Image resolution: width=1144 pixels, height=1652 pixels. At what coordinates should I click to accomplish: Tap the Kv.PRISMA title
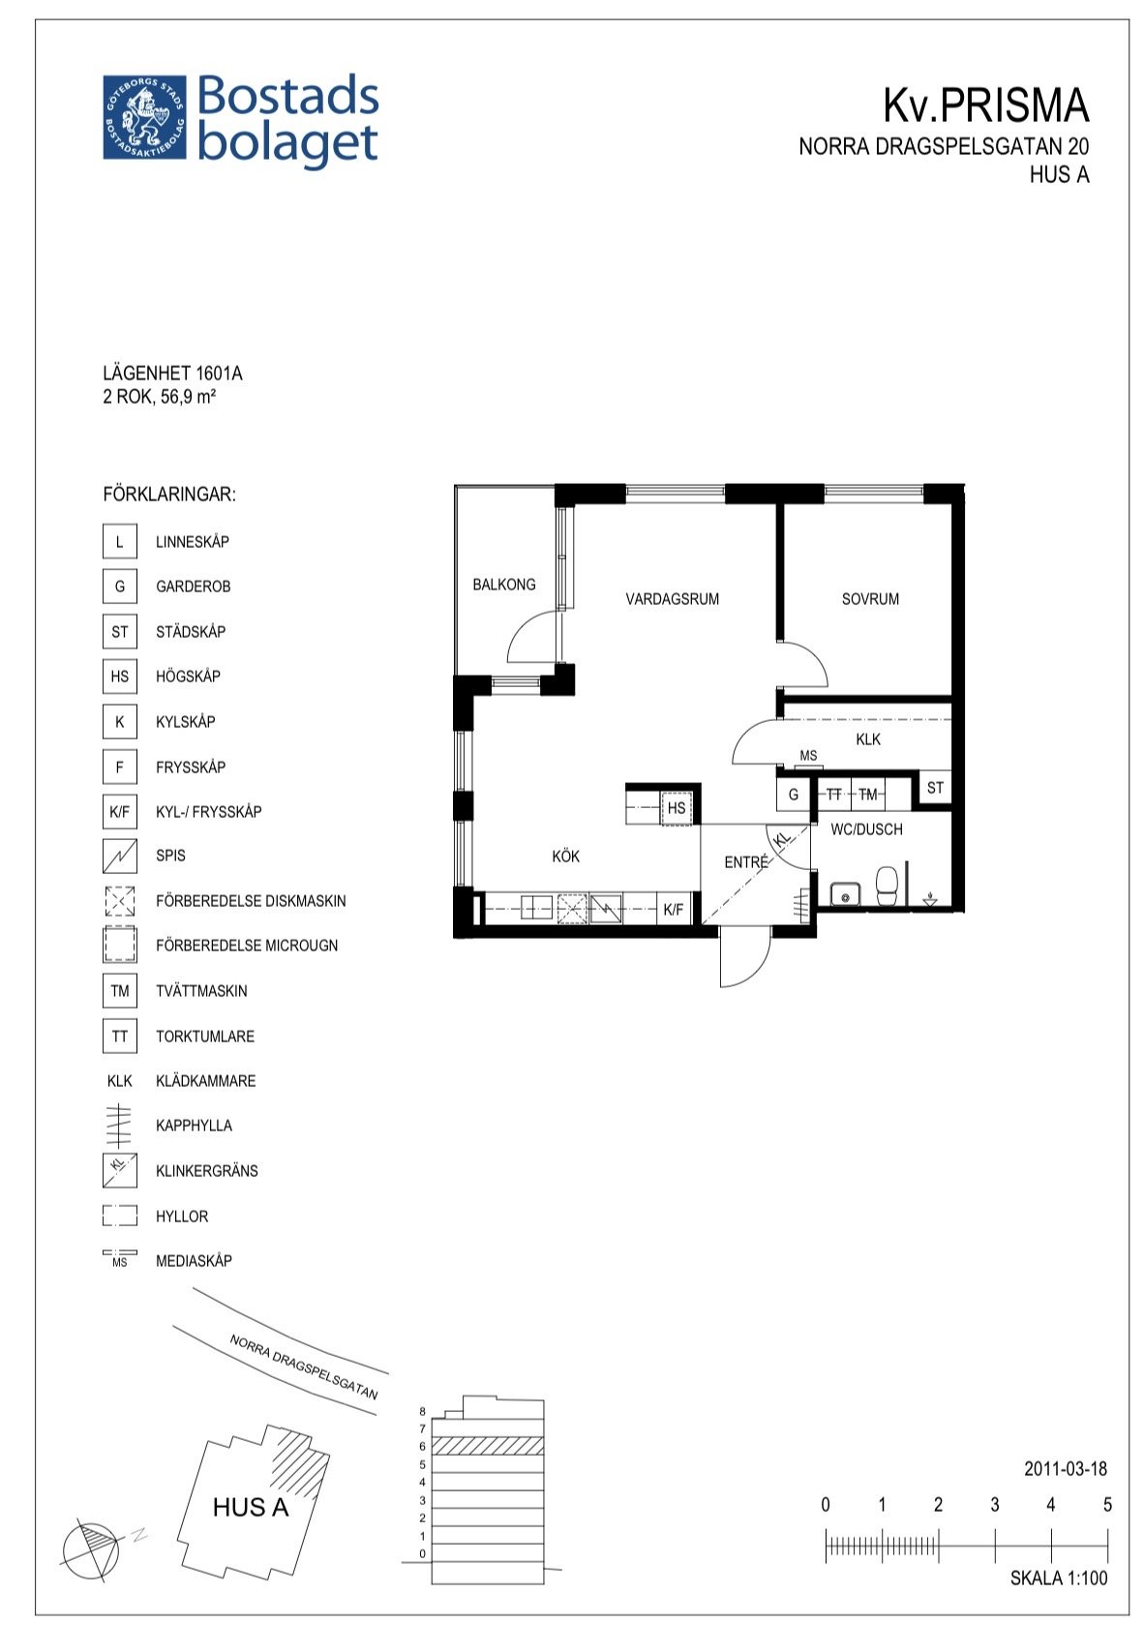985,105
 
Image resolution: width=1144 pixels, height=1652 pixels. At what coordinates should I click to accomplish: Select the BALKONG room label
504,585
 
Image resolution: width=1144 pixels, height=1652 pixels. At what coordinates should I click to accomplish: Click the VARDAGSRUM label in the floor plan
672,599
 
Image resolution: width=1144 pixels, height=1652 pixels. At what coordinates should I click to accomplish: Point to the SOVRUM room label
870,599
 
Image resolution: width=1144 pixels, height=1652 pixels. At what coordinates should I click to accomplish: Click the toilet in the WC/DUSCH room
886,885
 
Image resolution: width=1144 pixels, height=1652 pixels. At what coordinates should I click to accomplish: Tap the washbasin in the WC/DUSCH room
845,893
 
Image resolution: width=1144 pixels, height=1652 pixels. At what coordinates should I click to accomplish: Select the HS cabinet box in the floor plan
676,807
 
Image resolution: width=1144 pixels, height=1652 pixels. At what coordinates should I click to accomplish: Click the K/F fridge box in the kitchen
673,910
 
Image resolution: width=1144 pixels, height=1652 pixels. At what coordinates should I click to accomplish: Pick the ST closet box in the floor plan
935,788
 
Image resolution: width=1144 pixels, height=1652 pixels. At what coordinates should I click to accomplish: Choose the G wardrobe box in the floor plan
793,795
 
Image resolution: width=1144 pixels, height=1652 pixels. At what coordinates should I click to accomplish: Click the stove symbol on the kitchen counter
605,910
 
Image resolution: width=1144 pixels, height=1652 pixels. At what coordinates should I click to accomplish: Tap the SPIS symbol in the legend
119,856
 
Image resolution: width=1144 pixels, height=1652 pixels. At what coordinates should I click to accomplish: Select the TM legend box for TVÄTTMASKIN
119,990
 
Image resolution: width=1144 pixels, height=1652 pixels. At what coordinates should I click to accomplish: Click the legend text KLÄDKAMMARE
205,1081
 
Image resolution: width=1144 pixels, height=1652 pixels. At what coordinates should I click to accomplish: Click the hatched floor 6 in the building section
487,1445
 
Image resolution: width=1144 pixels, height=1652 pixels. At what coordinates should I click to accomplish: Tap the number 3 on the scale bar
994,1505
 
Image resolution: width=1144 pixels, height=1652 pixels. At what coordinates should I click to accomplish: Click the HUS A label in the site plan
250,1507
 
